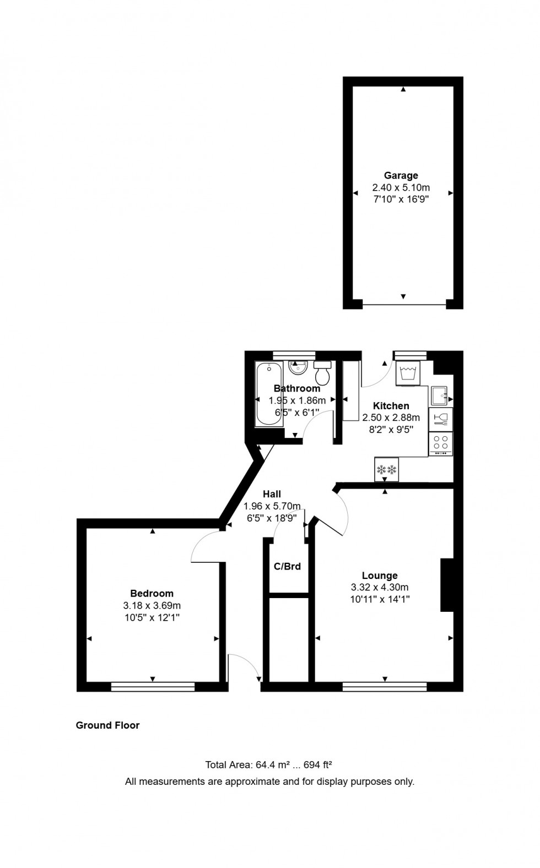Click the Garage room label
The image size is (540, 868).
pyautogui.click(x=401, y=176)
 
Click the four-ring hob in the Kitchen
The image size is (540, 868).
pyautogui.click(x=440, y=442)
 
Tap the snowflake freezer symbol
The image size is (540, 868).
pyautogui.click(x=387, y=470)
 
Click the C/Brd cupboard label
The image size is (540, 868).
pyautogui.click(x=287, y=566)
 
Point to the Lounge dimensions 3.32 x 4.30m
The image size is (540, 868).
pyautogui.click(x=380, y=587)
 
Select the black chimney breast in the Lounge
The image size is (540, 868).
pyautogui.click(x=446, y=585)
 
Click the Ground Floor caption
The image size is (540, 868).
pyautogui.click(x=107, y=725)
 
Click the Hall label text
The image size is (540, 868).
pyautogui.click(x=272, y=494)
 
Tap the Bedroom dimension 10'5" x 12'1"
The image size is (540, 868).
pyautogui.click(x=152, y=617)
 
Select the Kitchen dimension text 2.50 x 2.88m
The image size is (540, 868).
pyautogui.click(x=391, y=417)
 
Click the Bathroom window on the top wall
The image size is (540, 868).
pyautogui.click(x=294, y=355)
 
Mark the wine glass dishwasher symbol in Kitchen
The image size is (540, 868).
pyautogui.click(x=441, y=420)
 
